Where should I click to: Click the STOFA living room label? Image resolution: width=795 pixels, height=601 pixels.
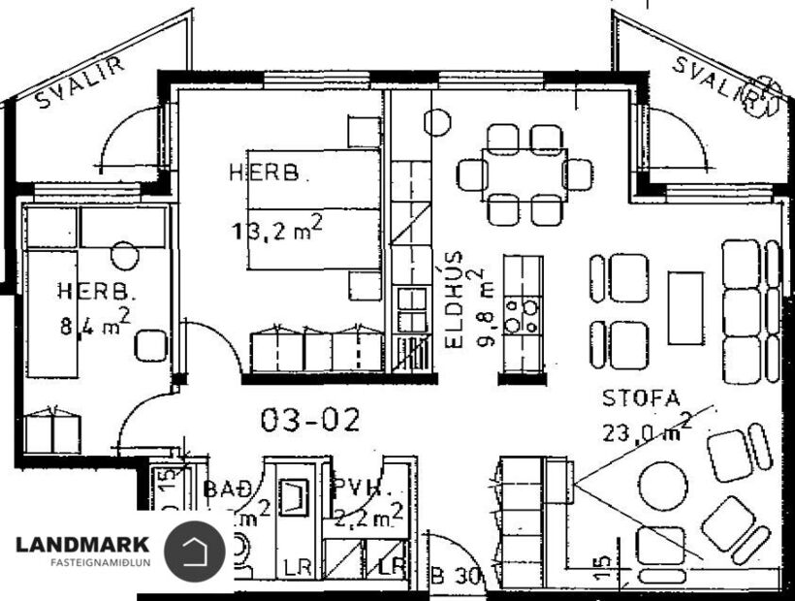[641, 397]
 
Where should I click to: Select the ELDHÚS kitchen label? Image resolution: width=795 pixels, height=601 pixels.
[454, 300]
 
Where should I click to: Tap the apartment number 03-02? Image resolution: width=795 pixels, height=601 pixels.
[310, 420]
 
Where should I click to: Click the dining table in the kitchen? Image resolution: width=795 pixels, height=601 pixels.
[525, 174]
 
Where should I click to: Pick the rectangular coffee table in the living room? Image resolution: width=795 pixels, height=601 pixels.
[685, 308]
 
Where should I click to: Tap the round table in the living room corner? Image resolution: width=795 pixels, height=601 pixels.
[662, 482]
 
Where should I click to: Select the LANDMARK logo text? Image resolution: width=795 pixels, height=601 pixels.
[82, 545]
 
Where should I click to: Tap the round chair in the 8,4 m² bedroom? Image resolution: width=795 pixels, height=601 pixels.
[124, 256]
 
